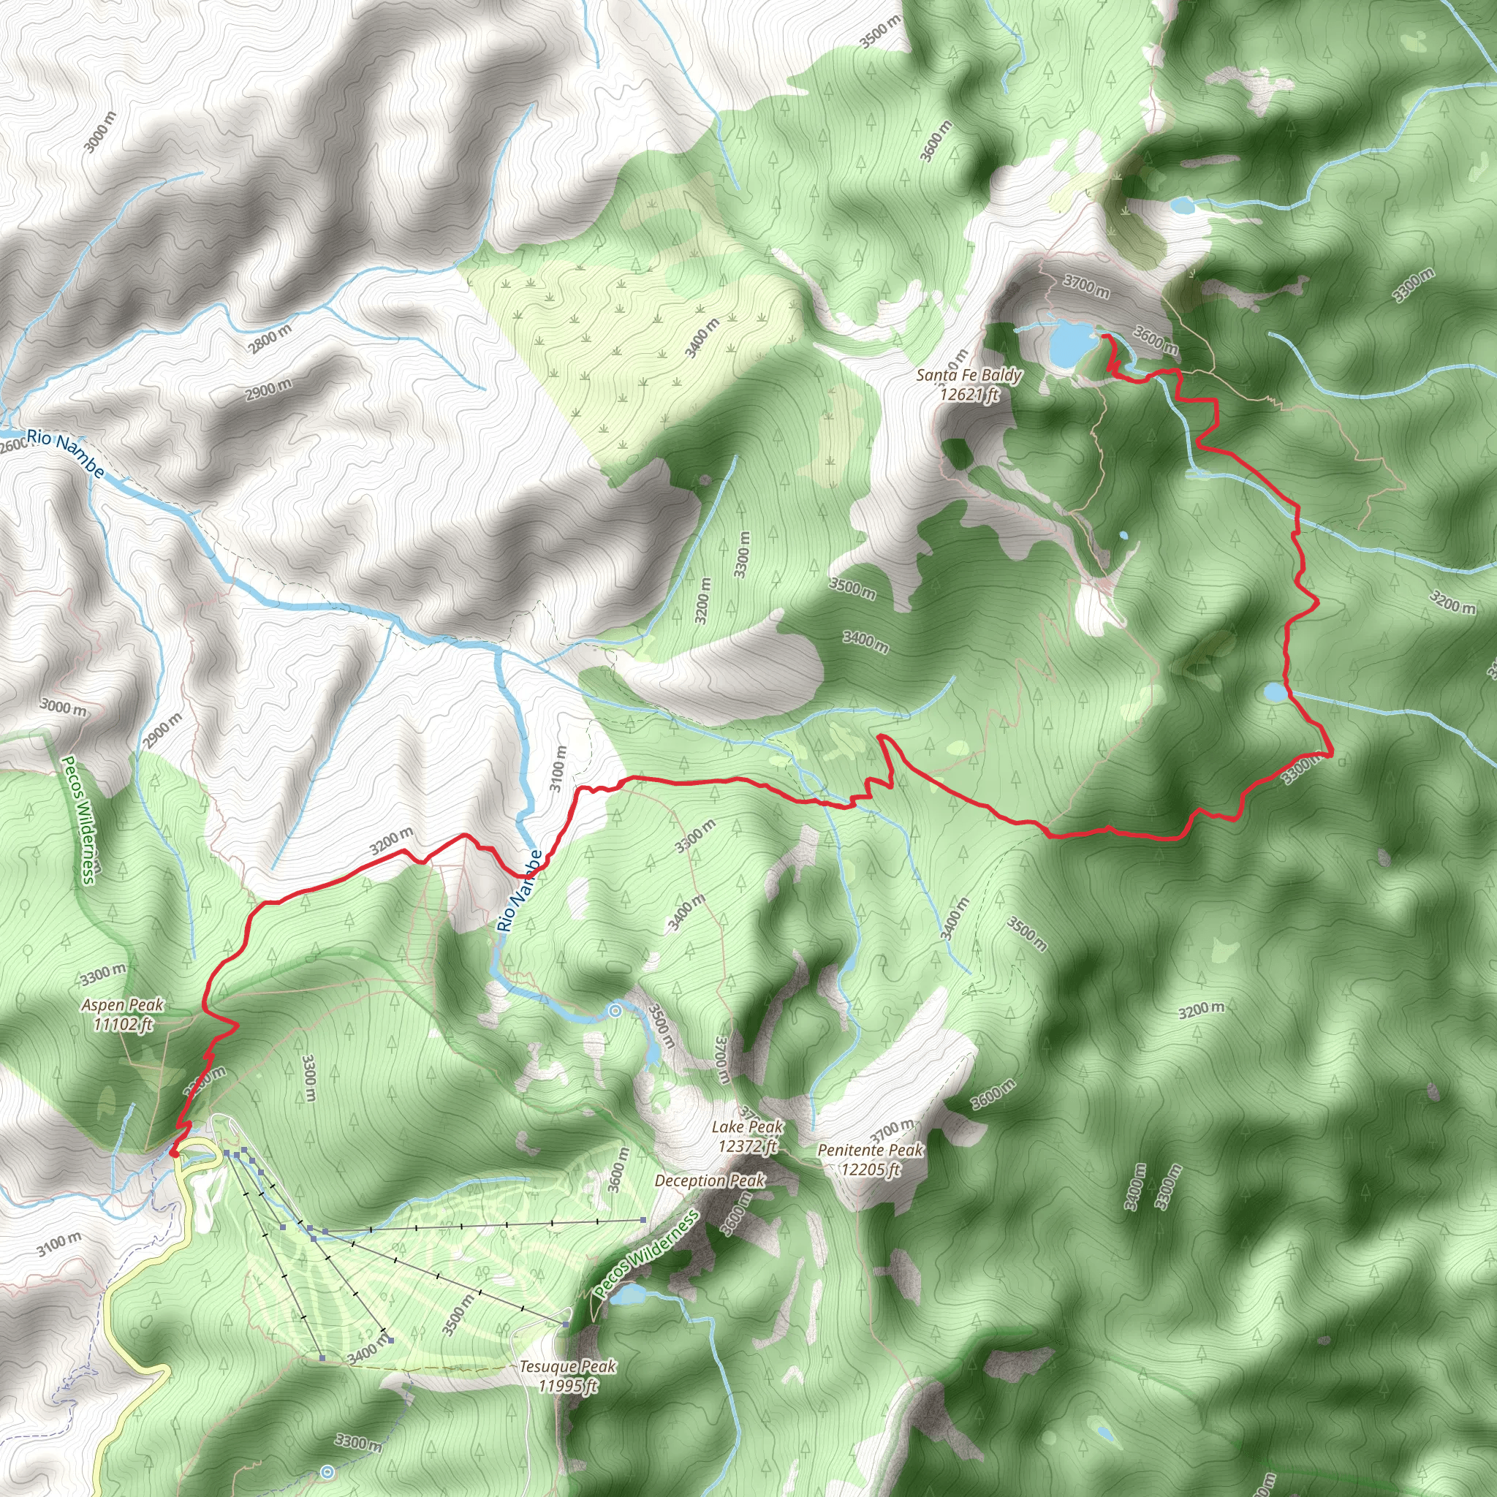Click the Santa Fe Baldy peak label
point(969,385)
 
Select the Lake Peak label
point(747,1136)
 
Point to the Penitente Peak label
point(870,1159)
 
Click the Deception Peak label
point(709,1180)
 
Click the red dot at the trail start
point(173,1153)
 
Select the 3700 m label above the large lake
point(1085,286)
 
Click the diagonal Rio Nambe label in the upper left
point(65,454)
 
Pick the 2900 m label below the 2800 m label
point(268,390)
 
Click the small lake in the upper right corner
point(1182,205)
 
